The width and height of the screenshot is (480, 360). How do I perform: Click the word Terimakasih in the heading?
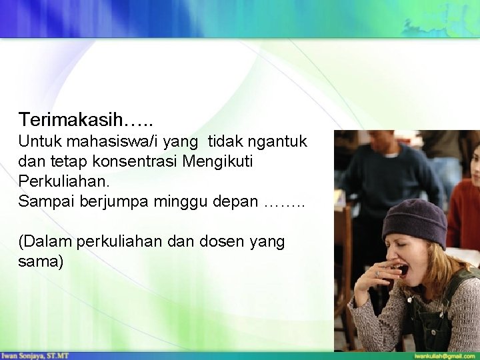(x=71, y=120)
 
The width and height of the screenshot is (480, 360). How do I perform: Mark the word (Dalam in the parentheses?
(x=46, y=241)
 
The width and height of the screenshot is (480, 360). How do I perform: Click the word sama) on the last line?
(x=41, y=261)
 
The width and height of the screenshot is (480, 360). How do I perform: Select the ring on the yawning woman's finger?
(x=378, y=273)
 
